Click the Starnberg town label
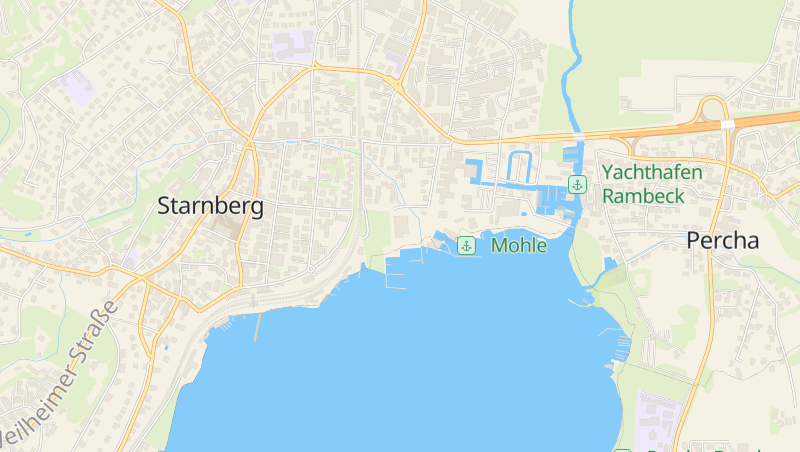[x=211, y=206]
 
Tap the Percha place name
[x=722, y=240]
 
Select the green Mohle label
[x=519, y=245]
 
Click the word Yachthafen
[x=651, y=172]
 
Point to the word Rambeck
[x=643, y=196]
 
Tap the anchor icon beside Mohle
[x=466, y=245]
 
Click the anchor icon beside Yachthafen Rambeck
[x=577, y=184]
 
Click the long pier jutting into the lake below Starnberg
[x=256, y=326]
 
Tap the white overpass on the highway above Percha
[x=727, y=124]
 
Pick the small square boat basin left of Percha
[x=610, y=264]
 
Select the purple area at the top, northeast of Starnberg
[x=292, y=44]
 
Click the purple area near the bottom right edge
[x=659, y=415]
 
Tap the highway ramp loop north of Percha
[x=712, y=107]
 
